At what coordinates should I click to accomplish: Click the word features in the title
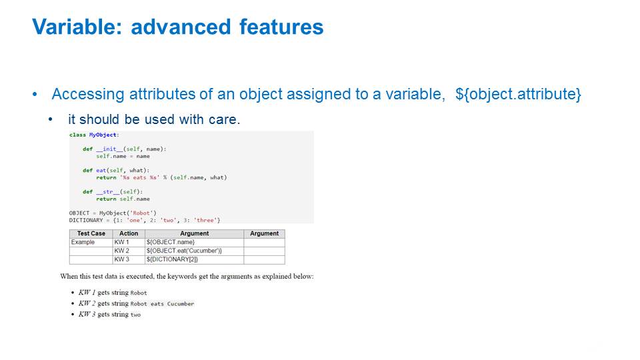coord(281,27)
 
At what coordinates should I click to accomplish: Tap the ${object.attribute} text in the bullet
coord(518,94)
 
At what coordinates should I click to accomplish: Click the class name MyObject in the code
coord(103,135)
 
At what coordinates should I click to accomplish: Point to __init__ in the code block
coord(109,149)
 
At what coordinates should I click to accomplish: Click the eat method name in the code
coord(101,170)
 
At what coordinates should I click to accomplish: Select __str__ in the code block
coord(108,191)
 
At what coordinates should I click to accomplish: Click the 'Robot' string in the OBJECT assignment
coord(141,213)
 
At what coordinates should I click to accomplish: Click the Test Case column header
coord(91,233)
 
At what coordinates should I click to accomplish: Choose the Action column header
coord(129,233)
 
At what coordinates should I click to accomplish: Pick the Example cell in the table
coord(83,242)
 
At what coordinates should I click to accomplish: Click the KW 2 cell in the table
coord(121,251)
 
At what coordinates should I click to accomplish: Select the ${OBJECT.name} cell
coord(171,242)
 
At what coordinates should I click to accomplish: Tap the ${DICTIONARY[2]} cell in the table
coord(172,259)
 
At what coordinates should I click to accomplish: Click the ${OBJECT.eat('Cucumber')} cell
coord(184,251)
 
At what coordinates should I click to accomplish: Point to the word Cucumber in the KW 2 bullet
coord(181,304)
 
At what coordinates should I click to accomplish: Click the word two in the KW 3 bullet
coord(135,315)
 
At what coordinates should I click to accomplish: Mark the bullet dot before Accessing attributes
coord(35,95)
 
